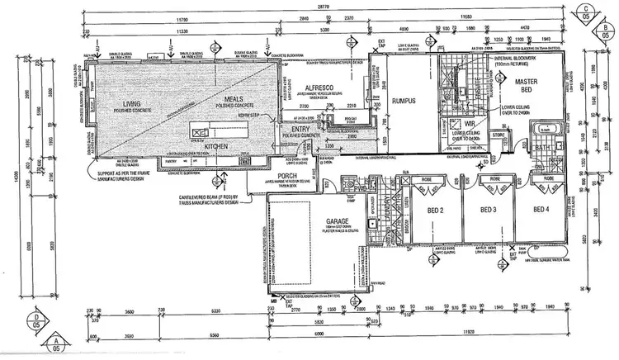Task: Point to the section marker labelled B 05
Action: pos(607,32)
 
